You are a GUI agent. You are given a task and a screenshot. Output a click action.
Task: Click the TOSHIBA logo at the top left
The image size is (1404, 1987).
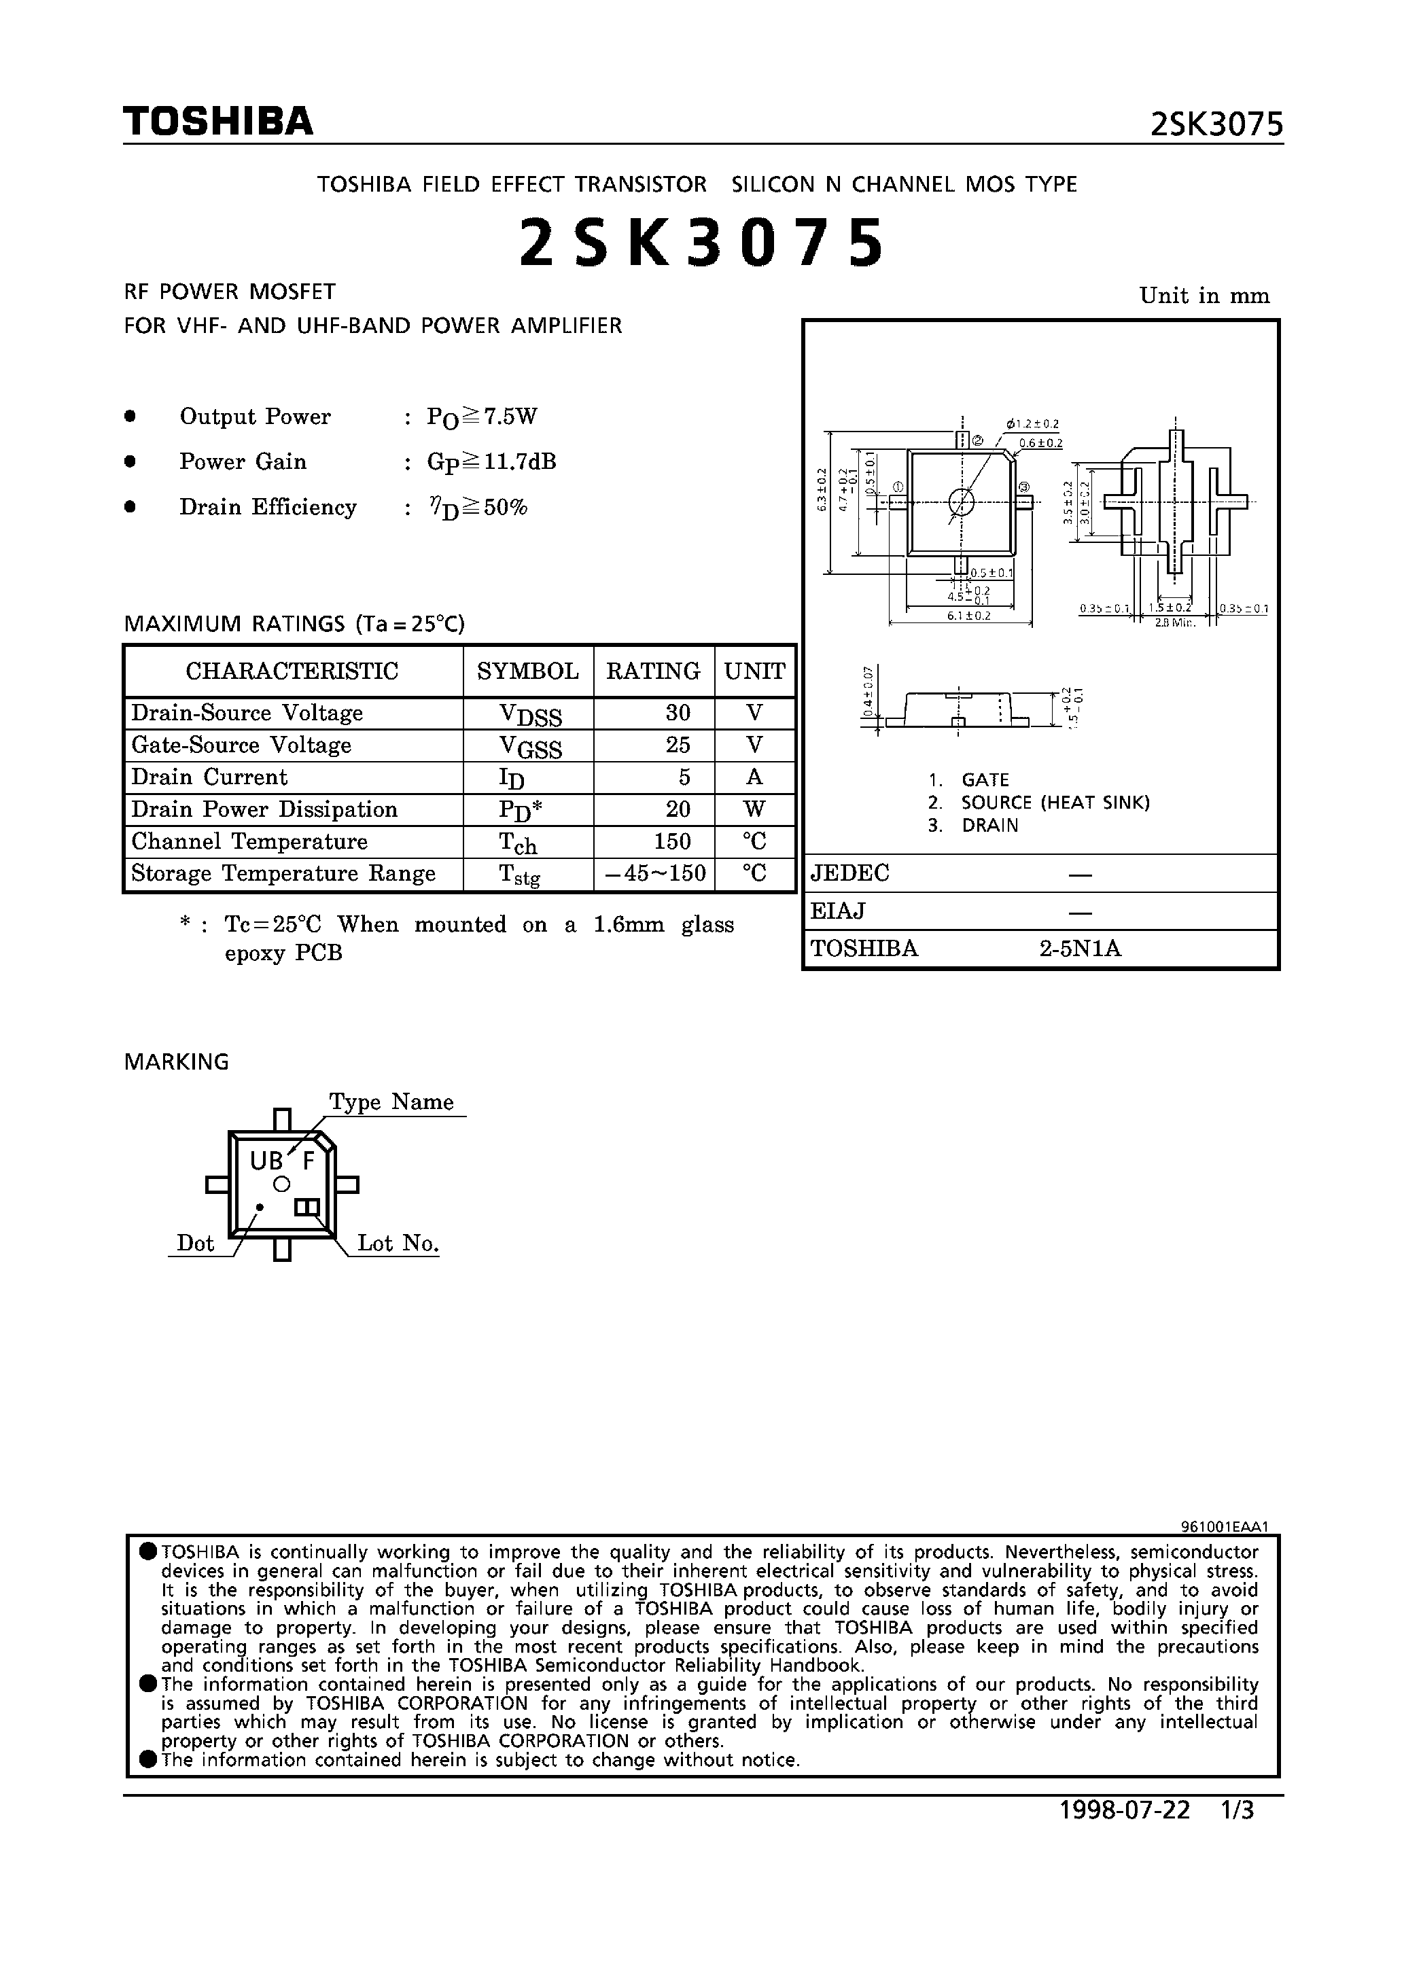[x=217, y=121]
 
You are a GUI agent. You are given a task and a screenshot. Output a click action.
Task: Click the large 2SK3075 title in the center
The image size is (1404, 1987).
[x=702, y=243]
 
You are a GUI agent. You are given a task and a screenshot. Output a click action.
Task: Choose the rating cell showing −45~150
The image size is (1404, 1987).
[x=655, y=873]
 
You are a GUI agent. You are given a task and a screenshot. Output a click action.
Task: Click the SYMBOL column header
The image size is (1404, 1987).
[x=528, y=671]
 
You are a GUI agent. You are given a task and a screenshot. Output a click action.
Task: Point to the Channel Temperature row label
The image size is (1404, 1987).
[x=249, y=841]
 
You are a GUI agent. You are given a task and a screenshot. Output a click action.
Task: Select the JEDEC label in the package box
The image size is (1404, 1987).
[x=850, y=873]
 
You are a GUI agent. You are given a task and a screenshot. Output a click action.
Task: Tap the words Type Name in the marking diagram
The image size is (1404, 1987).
[x=391, y=1102]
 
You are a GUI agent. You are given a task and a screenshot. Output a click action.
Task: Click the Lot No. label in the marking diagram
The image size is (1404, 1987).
[x=398, y=1244]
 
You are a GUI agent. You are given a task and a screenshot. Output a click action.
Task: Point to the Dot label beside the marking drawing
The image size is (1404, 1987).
[x=195, y=1244]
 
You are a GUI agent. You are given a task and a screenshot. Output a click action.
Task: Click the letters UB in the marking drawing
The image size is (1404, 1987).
[x=266, y=1161]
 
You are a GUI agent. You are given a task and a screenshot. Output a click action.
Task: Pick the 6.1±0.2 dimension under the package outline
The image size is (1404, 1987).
[x=968, y=615]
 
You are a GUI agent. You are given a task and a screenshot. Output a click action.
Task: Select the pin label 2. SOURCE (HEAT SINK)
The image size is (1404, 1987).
[x=1038, y=803]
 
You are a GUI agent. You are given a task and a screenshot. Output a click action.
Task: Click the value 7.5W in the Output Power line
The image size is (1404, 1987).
[x=511, y=417]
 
